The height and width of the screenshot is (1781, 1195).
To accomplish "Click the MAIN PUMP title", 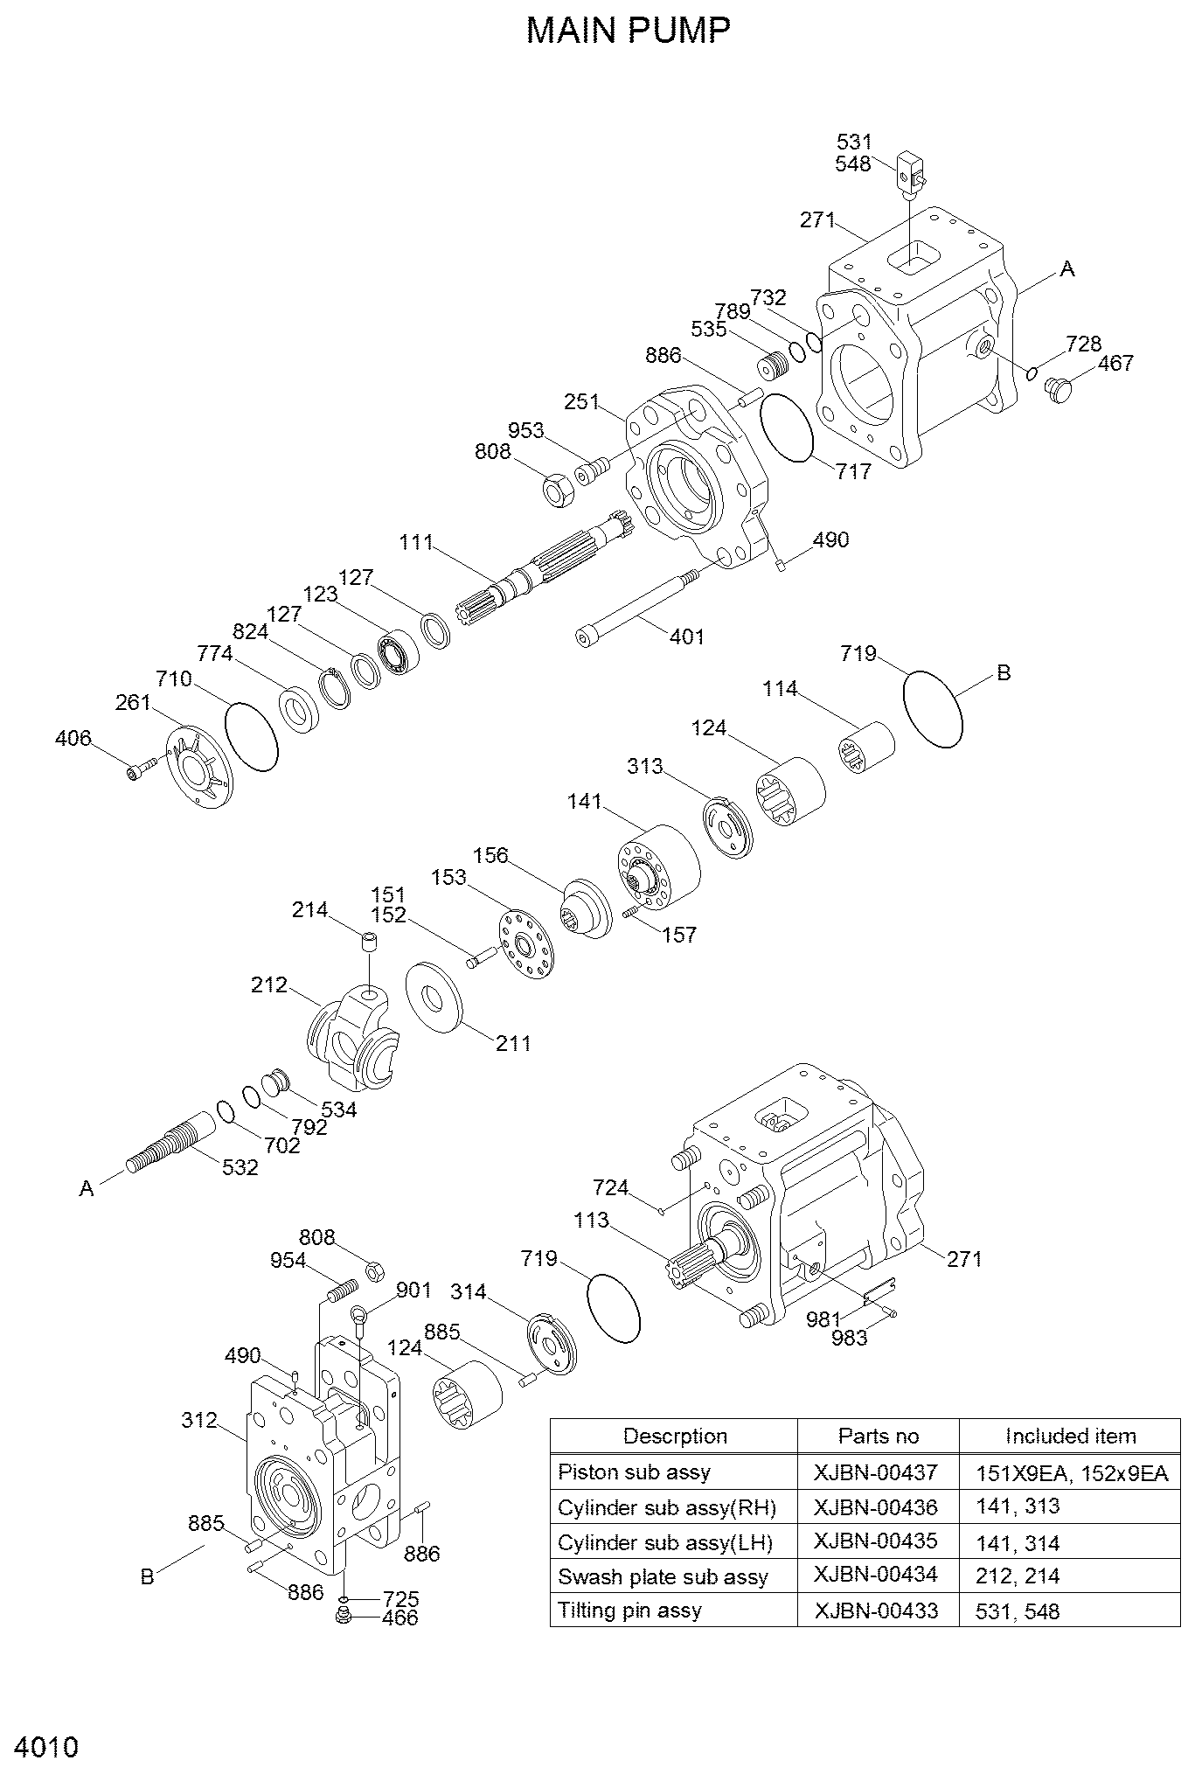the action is pos(629,31).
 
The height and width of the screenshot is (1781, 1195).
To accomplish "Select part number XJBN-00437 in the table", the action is pos(875,1472).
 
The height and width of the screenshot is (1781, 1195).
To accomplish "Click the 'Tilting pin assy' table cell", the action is pos(629,1611).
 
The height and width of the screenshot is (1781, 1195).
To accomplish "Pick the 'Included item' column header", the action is pos(1070,1436).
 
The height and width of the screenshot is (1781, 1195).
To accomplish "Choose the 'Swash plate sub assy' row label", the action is pos(663,1576).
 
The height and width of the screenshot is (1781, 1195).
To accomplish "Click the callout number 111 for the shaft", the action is pos(416,542).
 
